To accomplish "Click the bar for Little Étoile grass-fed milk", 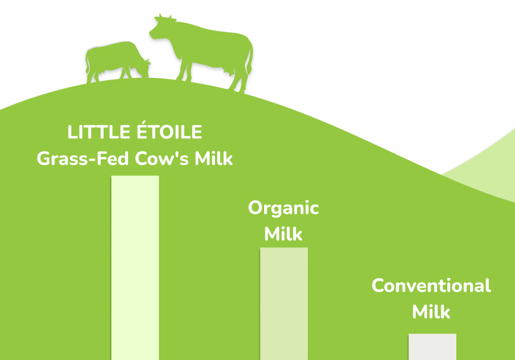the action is pyautogui.click(x=135, y=268).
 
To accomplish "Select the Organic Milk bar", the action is pyautogui.click(x=284, y=304).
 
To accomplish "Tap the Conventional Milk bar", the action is pyautogui.click(x=432, y=347).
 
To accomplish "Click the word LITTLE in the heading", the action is pyautogui.click(x=99, y=132).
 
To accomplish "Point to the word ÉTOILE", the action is pyautogui.click(x=169, y=130).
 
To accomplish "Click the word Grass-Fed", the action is pyautogui.click(x=83, y=158).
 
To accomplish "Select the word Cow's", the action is pyautogui.click(x=162, y=158).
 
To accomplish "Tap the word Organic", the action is pyautogui.click(x=283, y=208).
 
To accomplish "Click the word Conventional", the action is pyautogui.click(x=431, y=286).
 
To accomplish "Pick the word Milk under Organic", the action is pyautogui.click(x=283, y=234).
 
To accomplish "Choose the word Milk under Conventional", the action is pyautogui.click(x=431, y=311).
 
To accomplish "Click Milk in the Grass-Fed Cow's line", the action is pyautogui.click(x=214, y=158).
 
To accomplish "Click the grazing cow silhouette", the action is pyautogui.click(x=118, y=62).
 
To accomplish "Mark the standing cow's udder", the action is pyautogui.click(x=228, y=72).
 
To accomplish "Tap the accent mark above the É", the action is pyautogui.click(x=143, y=122).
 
